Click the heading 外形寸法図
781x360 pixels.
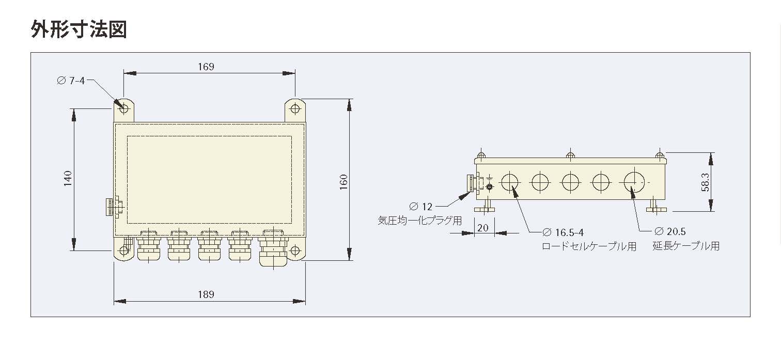pos(79,29)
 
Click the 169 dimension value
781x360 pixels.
pos(206,67)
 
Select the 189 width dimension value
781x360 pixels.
pos(206,294)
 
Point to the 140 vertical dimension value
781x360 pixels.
pos(68,179)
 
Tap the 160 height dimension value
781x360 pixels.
pos(344,181)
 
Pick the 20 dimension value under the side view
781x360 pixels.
pos(483,228)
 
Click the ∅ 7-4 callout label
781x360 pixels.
pos(70,81)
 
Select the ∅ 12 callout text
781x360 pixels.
pos(420,207)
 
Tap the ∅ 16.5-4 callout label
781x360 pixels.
pos(563,232)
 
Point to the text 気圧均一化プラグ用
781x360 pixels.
pos(419,221)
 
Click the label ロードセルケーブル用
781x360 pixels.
pos(589,246)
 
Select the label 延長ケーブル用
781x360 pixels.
pos(685,246)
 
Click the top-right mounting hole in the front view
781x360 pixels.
pos(295,108)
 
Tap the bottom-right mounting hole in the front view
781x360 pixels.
pos(295,251)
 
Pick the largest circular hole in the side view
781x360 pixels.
pos(634,182)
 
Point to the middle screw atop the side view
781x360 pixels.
pos(570,155)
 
